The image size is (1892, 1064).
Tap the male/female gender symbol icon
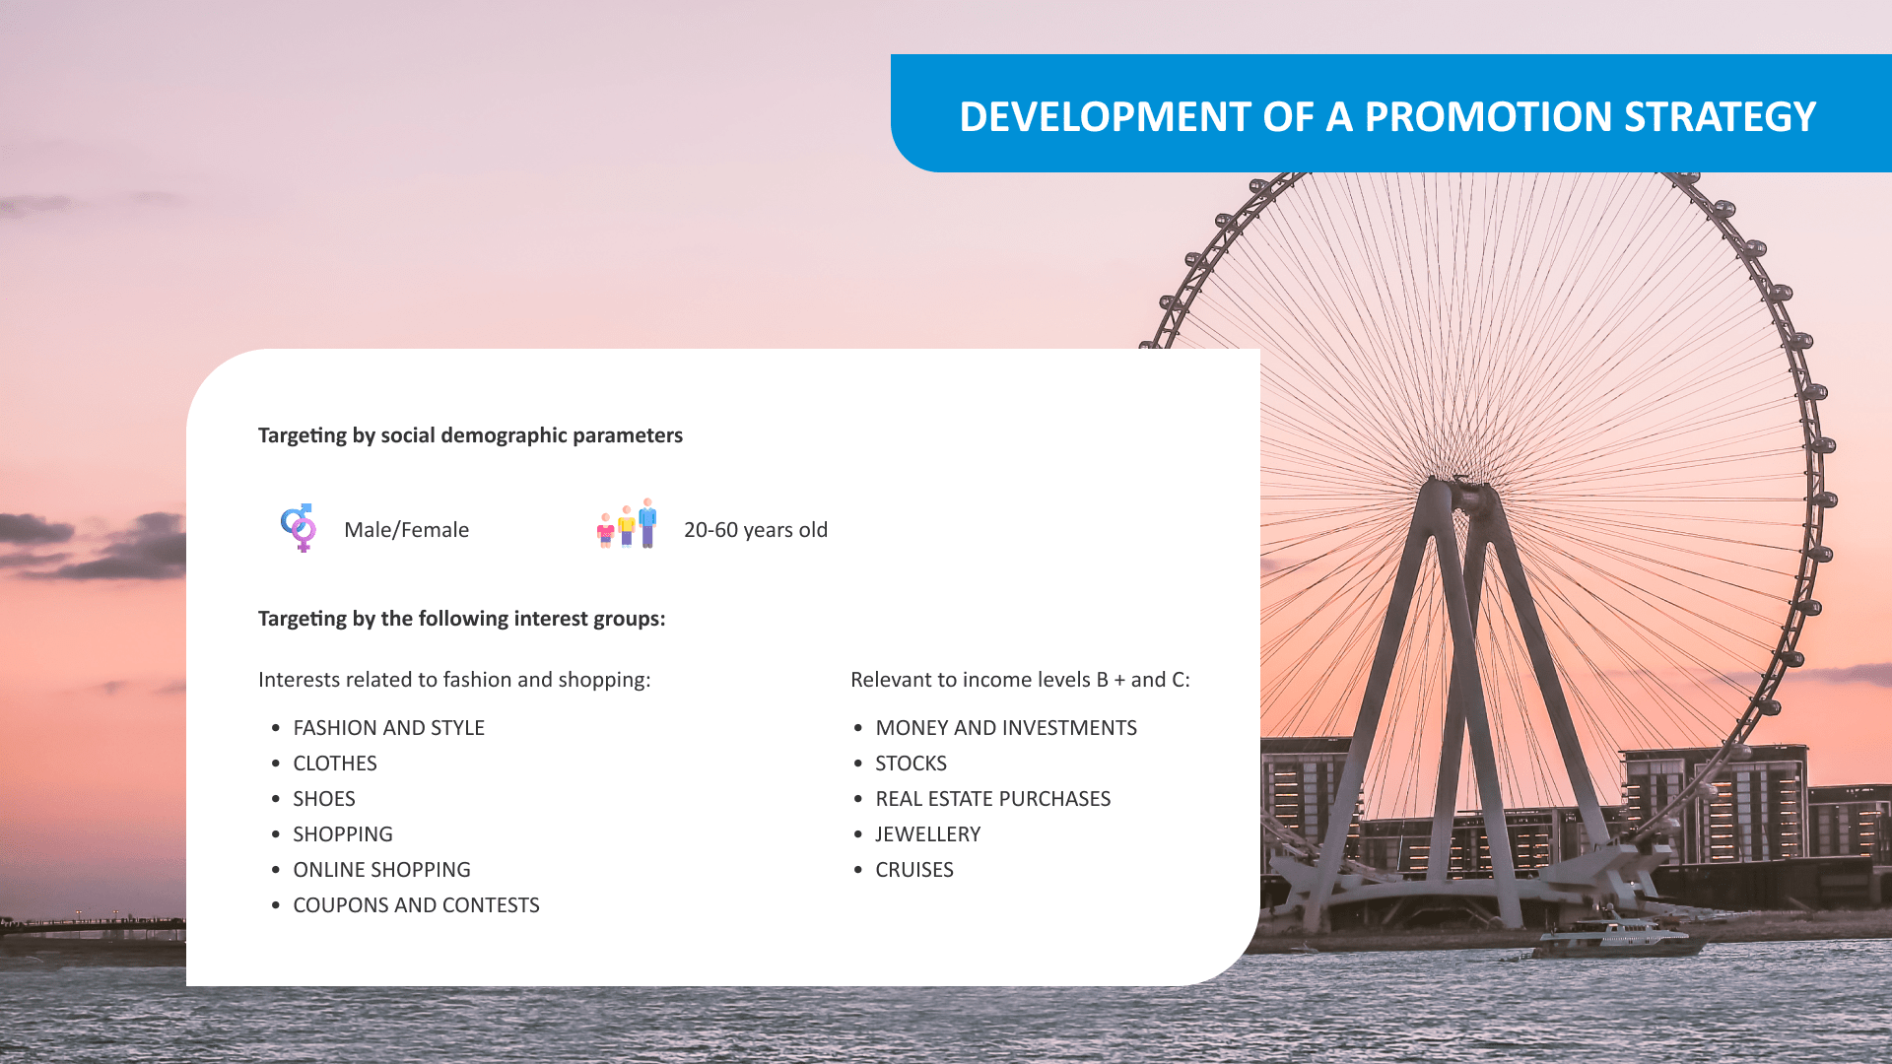299,528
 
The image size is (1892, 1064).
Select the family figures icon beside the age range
627,523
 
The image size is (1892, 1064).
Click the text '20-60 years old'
756,530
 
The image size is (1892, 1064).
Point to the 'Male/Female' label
406,530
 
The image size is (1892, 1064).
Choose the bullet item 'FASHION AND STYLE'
388,728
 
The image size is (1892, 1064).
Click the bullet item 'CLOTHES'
335,764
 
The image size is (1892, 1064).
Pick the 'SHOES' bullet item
324,799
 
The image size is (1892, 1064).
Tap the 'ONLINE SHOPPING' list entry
381,870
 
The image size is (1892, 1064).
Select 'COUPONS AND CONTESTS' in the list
416,905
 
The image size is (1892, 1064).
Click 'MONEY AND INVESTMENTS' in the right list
1006,728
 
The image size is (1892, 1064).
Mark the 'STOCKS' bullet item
911,764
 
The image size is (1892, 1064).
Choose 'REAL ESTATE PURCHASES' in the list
992,799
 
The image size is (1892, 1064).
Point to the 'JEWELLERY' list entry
927,834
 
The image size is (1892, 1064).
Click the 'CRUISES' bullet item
914,870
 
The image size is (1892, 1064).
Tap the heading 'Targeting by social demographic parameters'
470,435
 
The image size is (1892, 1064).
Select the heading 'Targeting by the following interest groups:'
461,619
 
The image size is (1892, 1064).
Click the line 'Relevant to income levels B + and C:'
1020,680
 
